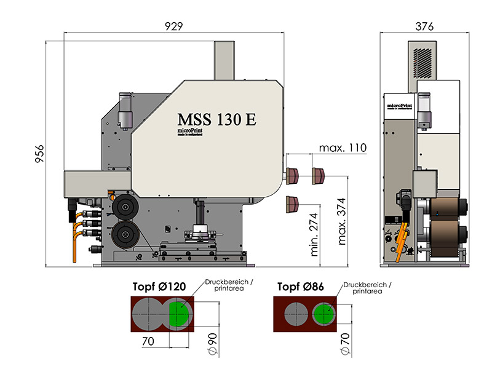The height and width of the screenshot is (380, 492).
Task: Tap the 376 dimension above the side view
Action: [x=424, y=26]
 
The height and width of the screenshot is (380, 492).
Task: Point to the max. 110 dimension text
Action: [x=343, y=148]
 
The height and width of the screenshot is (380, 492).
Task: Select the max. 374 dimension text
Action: [x=341, y=221]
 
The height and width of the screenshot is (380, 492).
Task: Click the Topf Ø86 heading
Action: [x=300, y=287]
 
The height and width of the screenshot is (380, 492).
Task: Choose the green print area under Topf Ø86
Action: [x=323, y=314]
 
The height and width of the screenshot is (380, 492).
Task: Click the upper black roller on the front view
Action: [x=125, y=208]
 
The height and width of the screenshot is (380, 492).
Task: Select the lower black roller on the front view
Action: [x=126, y=236]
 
